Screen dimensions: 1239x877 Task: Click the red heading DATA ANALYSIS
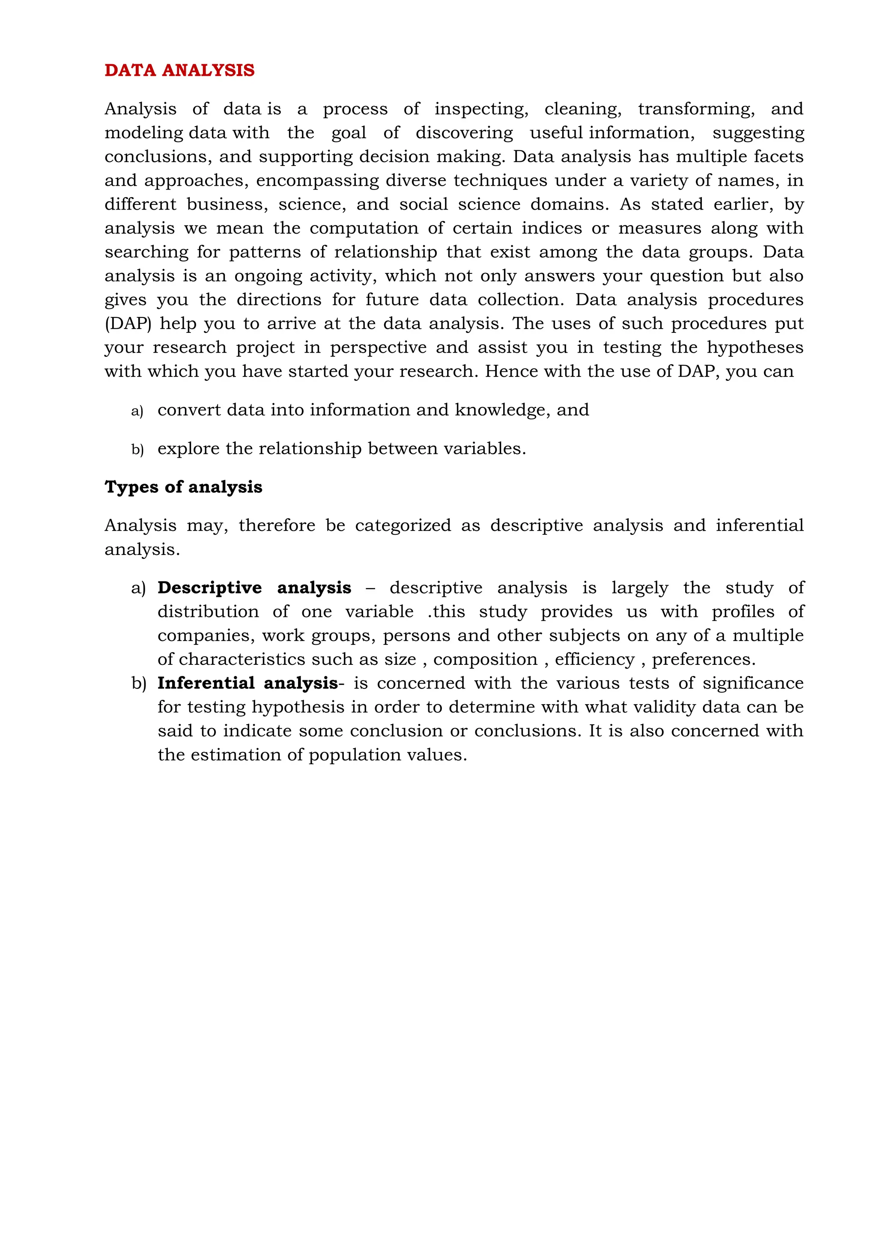point(179,70)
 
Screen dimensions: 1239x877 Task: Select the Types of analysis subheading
point(183,487)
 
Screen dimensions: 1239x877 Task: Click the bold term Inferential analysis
point(248,683)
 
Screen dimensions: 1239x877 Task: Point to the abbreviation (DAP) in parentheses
point(128,323)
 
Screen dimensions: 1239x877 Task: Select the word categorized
point(403,525)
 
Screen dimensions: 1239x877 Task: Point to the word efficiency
point(594,659)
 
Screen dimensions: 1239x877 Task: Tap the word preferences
point(703,659)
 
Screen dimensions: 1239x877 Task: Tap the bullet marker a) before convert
point(137,411)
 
